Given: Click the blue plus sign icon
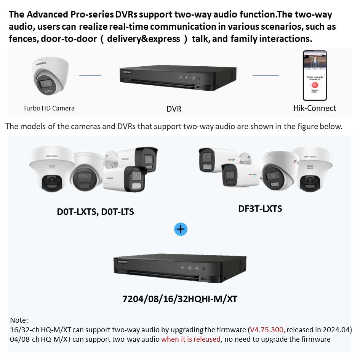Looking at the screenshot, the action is coord(181,229).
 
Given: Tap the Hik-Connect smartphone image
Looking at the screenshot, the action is coord(315,75).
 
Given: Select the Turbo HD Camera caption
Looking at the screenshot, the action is coord(49,108).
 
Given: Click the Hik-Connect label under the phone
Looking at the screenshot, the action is coord(315,108).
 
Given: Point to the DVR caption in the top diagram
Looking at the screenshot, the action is coord(174,109).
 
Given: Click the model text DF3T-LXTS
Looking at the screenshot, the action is coord(260,208).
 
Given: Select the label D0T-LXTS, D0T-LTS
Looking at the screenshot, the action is coord(95,211).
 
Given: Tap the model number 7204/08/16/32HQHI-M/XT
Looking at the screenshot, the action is coord(180,299).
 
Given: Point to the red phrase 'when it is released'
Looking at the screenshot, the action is coord(191,339).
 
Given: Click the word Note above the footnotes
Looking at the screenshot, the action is coord(19,320).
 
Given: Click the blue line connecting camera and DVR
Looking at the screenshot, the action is coord(90,75).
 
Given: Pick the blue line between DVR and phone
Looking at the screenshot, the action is coord(266,75).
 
